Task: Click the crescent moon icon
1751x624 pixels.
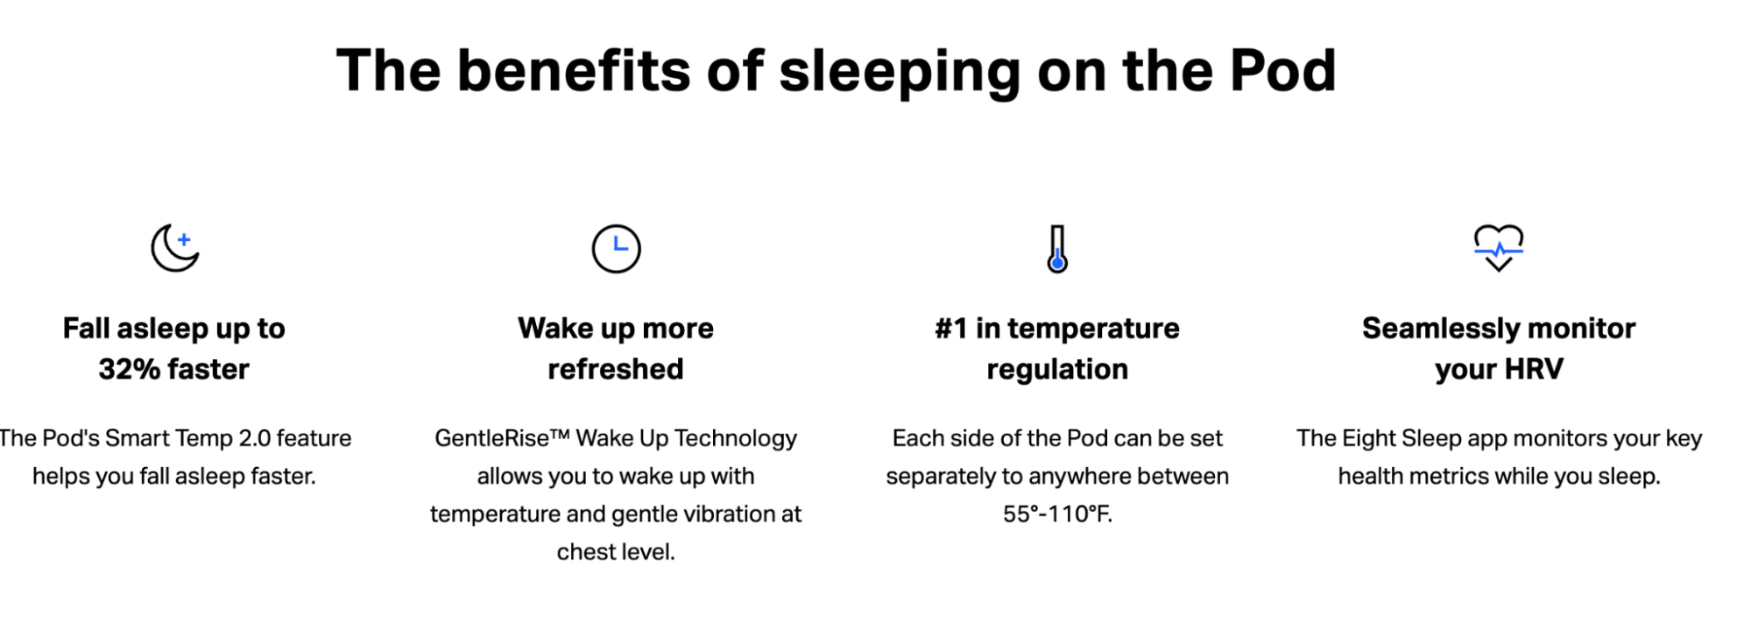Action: pos(174,248)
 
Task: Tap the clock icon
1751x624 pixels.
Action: pos(616,249)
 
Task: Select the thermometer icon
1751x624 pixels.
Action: pos(1057,249)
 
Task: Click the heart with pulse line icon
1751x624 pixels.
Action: pos(1498,248)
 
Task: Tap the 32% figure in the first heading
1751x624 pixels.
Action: pos(129,369)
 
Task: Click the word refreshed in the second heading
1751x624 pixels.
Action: pos(616,369)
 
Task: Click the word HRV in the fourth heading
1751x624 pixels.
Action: pos(1534,369)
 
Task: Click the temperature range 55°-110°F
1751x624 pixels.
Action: pos(1057,514)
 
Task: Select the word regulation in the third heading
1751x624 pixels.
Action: pos(1057,369)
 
